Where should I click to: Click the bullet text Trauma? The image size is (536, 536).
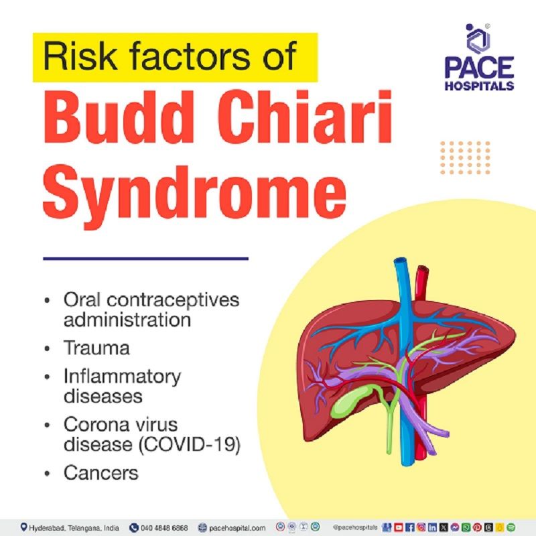pyautogui.click(x=96, y=349)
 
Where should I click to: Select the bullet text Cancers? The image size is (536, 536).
pyautogui.click(x=101, y=472)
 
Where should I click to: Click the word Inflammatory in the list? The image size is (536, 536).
pyautogui.click(x=123, y=376)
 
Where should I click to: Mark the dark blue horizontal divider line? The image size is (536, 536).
pyautogui.click(x=145, y=258)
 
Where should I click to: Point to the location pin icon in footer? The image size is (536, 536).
pyautogui.click(x=24, y=527)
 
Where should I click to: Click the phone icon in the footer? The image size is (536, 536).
pyautogui.click(x=133, y=527)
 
